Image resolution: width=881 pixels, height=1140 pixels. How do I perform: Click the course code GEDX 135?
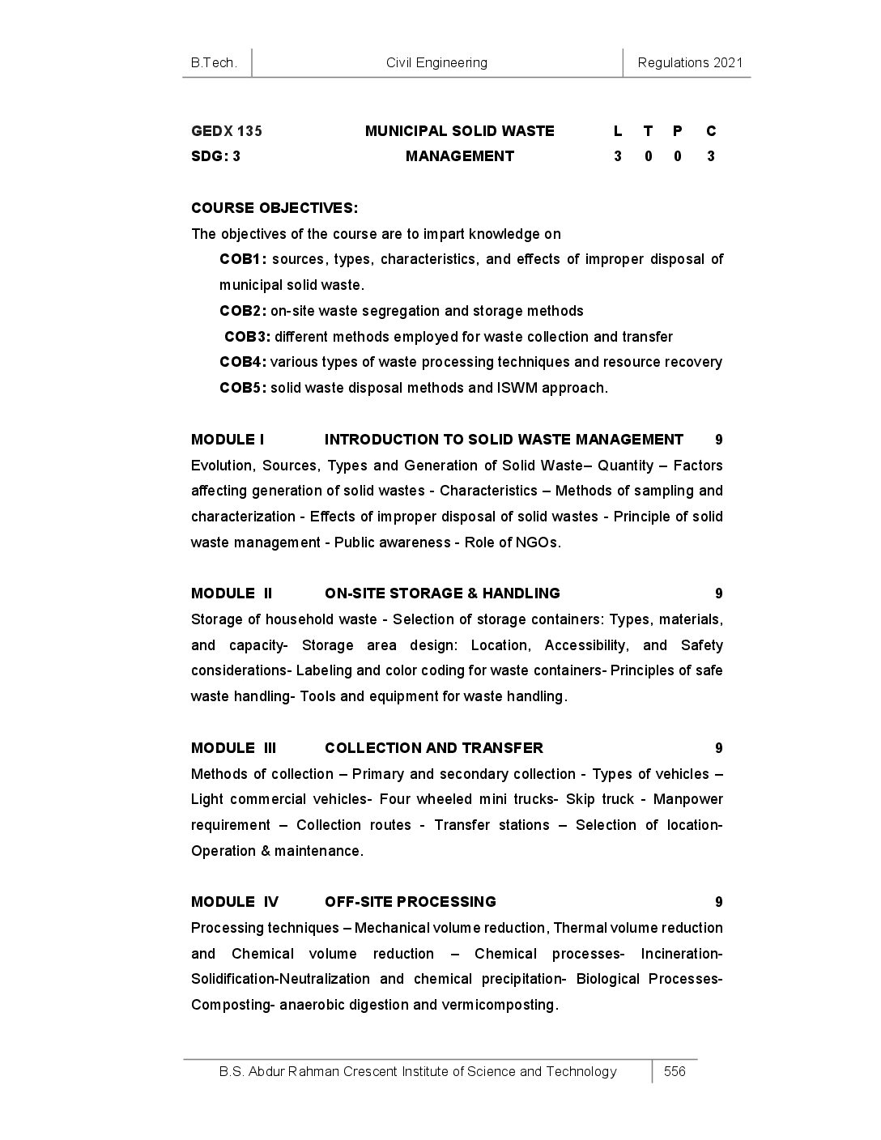click(227, 131)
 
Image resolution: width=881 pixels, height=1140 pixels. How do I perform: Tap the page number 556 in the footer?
click(675, 1071)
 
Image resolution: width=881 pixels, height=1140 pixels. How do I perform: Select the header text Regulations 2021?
click(690, 63)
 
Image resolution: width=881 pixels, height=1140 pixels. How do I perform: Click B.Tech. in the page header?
click(214, 63)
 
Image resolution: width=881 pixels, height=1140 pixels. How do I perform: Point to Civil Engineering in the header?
click(437, 63)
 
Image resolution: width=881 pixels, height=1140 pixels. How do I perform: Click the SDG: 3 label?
click(215, 156)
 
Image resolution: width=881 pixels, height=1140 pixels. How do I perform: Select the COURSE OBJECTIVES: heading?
click(275, 208)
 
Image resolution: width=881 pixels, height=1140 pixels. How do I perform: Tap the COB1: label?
click(243, 259)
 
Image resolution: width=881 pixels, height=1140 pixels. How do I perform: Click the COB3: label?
click(247, 337)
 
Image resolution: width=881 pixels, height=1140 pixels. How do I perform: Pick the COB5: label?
click(243, 388)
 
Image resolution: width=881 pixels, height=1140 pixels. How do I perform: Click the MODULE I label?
click(228, 440)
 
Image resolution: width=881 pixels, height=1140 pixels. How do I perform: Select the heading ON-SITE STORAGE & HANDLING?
click(442, 593)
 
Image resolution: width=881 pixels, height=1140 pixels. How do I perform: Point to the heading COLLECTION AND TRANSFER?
click(434, 747)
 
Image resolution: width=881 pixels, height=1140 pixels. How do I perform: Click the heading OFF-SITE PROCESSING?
click(411, 902)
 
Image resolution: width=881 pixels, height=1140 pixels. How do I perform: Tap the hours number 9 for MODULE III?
click(719, 747)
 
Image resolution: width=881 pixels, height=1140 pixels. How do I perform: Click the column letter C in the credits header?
click(711, 131)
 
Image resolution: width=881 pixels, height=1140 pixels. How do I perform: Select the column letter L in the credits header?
click(618, 131)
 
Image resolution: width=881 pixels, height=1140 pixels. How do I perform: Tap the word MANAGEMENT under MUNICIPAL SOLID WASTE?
click(460, 156)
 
